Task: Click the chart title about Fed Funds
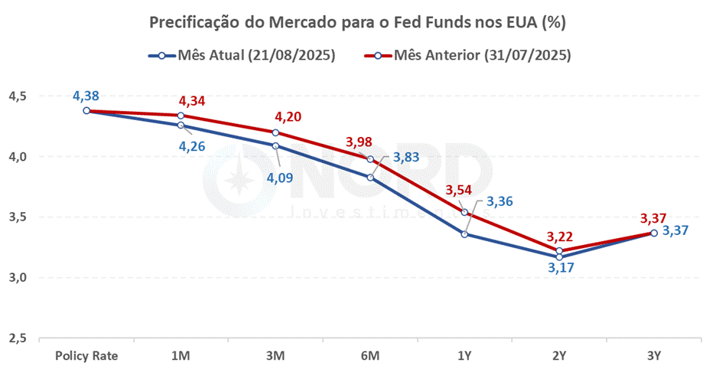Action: (357, 23)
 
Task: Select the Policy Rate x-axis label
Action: (86, 356)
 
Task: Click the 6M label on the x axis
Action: (370, 356)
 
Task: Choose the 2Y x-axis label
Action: (559, 356)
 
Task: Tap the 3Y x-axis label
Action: (654, 356)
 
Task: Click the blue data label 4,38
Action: (86, 96)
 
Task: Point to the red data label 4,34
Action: (192, 101)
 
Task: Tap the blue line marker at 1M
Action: (181, 125)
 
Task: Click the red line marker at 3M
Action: (275, 132)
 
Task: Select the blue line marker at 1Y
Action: (465, 233)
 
